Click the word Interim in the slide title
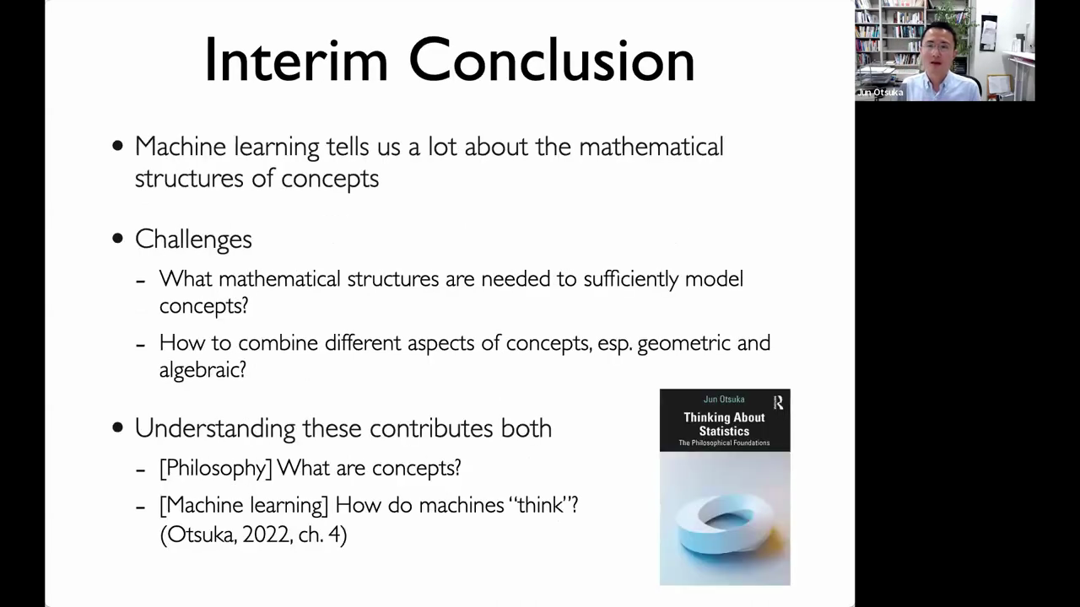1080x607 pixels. (296, 60)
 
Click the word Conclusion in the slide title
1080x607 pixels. (552, 60)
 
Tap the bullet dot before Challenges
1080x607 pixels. (117, 239)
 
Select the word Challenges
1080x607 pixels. (193, 239)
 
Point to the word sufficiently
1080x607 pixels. (630, 279)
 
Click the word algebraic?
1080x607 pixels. (202, 370)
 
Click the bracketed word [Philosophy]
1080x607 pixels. (216, 468)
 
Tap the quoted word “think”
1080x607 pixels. (539, 505)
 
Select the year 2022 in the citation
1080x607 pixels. (267, 534)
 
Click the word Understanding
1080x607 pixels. (215, 428)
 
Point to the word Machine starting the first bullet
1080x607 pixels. (181, 147)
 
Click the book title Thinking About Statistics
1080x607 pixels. (724, 424)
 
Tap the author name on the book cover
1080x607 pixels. (724, 399)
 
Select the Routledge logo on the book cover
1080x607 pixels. (779, 402)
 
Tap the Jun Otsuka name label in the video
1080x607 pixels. (879, 93)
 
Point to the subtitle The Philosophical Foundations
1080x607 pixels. (724, 443)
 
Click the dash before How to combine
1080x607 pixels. (140, 345)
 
